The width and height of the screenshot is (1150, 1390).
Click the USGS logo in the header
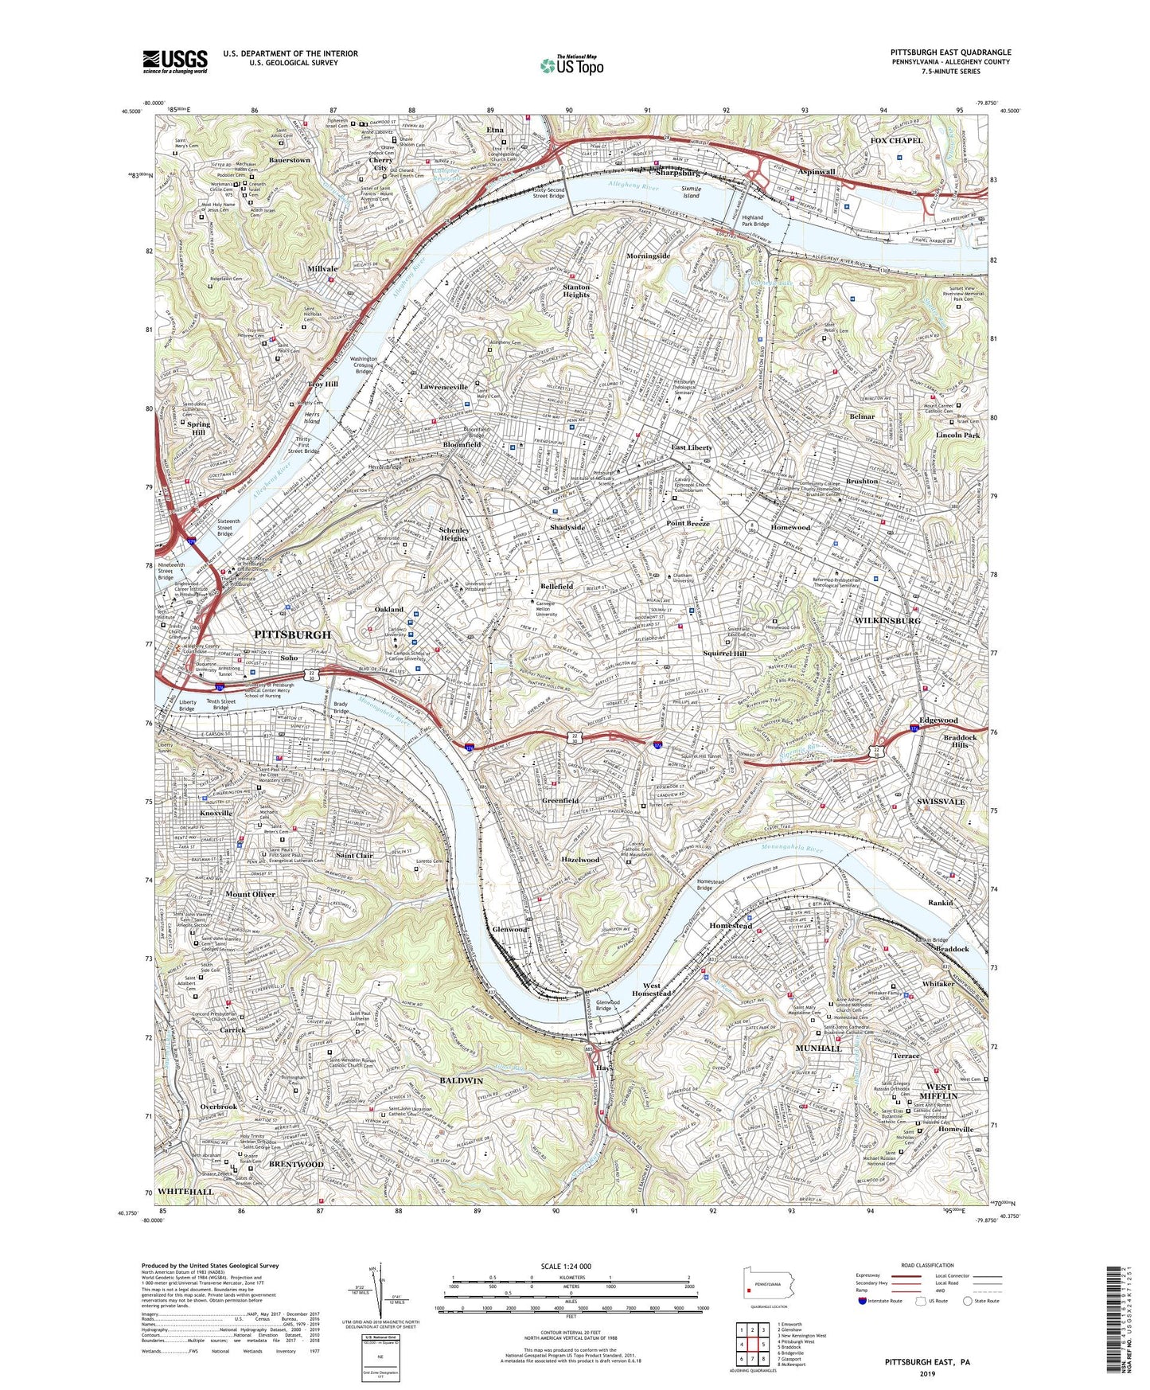pyautogui.click(x=175, y=61)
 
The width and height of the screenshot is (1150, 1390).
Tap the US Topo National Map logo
pyautogui.click(x=571, y=65)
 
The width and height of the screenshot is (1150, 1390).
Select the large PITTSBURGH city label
pyautogui.click(x=291, y=634)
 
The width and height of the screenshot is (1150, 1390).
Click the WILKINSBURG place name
pyautogui.click(x=887, y=619)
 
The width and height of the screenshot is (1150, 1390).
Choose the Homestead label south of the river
pyautogui.click(x=731, y=926)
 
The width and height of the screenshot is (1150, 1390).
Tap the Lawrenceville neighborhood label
pyautogui.click(x=443, y=387)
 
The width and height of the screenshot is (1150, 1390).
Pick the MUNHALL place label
pyautogui.click(x=818, y=1048)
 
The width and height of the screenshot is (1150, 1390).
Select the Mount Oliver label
pyautogui.click(x=249, y=894)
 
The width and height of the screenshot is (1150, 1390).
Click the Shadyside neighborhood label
pyautogui.click(x=567, y=527)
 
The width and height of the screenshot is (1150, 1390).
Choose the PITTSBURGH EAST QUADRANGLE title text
pyautogui.click(x=950, y=53)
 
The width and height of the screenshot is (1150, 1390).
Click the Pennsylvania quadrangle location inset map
pyautogui.click(x=768, y=1284)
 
